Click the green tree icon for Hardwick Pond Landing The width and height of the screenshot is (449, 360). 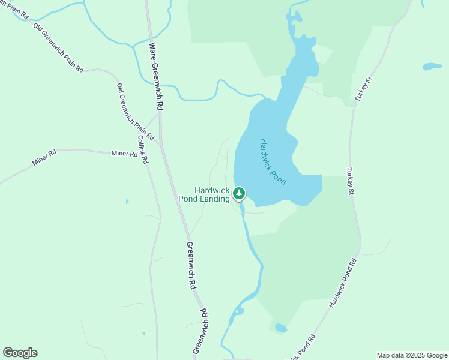(x=240, y=193)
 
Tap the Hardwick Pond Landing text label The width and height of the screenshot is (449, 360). (x=204, y=194)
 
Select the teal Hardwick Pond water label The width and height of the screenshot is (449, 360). (x=273, y=161)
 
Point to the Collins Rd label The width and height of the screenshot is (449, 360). (x=143, y=149)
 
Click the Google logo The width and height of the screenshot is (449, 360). (x=20, y=353)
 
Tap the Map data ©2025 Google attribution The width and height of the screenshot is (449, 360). (x=411, y=355)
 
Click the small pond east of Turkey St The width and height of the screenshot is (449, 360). (x=432, y=66)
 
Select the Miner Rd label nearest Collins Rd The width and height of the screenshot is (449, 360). (x=124, y=154)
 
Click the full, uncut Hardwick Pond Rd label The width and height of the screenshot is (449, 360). (x=343, y=283)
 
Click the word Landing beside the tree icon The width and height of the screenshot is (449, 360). (x=216, y=199)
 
